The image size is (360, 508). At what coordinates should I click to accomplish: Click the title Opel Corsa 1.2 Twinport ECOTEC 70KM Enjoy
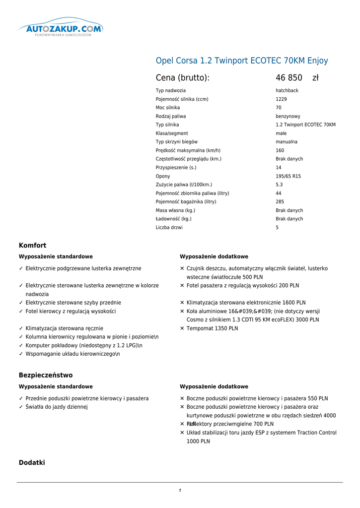242,61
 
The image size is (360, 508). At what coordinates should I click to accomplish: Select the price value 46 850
289,78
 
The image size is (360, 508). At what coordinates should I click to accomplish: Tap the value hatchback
287,91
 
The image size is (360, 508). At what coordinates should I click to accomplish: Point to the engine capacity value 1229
281,99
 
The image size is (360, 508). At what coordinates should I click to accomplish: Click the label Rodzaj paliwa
171,116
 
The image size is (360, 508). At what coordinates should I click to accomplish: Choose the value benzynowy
288,116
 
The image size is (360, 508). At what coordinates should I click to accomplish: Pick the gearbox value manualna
287,142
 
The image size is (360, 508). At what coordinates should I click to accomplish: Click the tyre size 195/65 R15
288,176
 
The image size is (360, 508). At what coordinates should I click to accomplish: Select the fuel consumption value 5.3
279,185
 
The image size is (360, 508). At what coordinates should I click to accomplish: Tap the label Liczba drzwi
169,228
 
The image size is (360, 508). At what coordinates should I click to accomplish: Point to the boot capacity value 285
280,202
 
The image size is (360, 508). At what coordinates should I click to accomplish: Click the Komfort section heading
32,246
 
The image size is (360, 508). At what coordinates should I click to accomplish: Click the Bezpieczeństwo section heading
46,375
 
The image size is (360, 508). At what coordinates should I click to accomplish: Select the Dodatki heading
32,462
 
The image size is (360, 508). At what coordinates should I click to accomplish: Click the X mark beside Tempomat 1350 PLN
182,328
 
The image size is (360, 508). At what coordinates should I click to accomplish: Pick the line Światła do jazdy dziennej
57,407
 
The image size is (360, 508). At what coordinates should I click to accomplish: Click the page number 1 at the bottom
180,491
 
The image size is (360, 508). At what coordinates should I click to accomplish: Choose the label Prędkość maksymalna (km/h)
188,150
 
